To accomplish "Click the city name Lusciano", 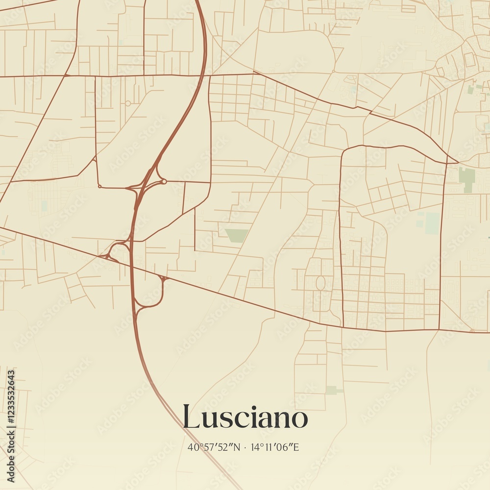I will [245, 417].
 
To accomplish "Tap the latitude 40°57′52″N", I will [214, 447].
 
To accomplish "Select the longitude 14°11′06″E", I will [275, 447].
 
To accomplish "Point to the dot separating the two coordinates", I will [246, 447].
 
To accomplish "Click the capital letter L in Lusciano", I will [192, 416].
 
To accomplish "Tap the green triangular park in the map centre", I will [237, 235].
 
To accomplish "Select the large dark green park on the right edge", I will [467, 179].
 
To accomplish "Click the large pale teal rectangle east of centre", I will [432, 223].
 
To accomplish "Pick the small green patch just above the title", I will [332, 390].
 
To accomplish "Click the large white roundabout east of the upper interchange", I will [164, 181].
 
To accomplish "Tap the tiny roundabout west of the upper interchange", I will [99, 186].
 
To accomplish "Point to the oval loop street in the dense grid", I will [320, 283].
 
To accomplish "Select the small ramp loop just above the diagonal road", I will [118, 251].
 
